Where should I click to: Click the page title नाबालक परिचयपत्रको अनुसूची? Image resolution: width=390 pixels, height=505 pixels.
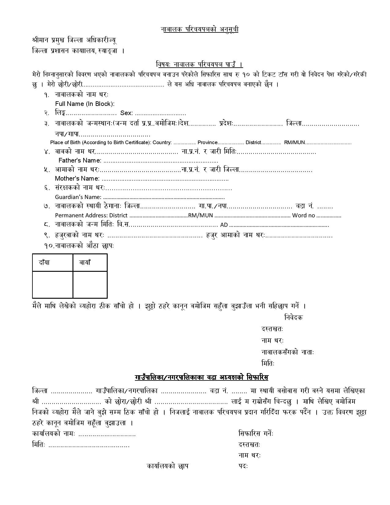199,29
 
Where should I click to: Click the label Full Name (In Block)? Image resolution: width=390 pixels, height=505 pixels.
85,104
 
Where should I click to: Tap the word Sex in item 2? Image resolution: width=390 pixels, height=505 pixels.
126,113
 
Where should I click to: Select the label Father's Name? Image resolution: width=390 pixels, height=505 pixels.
80,160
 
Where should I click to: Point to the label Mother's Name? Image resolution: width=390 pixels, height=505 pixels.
77,178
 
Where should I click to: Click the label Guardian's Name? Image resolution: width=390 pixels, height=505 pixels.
78,197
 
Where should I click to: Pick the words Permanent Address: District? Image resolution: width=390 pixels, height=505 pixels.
91,215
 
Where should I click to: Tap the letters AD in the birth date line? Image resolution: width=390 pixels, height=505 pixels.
224,225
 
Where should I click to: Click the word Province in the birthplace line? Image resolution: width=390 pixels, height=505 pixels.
207,142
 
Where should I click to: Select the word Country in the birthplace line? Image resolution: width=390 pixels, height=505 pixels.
162,142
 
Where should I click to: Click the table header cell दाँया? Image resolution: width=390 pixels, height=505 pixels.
44,263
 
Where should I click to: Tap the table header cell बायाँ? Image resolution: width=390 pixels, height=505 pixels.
85,263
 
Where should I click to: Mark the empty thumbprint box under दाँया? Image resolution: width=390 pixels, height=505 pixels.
53,284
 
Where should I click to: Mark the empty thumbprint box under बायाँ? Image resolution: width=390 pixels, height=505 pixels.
90,284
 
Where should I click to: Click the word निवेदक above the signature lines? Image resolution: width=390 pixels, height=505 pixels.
293,317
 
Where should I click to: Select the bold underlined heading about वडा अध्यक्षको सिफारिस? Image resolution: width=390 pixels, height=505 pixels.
201,377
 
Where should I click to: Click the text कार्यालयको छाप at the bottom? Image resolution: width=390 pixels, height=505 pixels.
167,466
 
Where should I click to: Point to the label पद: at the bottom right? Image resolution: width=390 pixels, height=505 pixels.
243,466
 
